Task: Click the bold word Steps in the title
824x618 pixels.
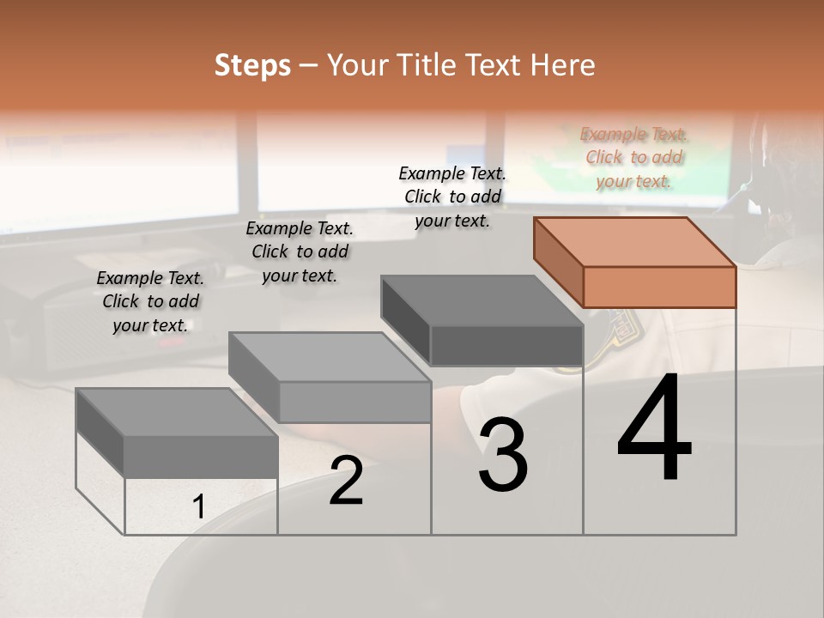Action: point(252,65)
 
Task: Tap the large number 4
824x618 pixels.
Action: point(655,428)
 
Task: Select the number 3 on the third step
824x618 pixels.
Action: point(503,456)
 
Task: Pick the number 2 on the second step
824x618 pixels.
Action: point(346,481)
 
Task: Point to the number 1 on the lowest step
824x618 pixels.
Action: point(198,507)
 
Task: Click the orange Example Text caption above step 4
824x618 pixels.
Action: point(633,157)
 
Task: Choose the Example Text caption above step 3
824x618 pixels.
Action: point(452,197)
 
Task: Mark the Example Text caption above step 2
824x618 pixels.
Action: point(300,251)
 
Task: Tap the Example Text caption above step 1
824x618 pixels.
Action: point(150,301)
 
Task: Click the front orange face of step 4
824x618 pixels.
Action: point(659,287)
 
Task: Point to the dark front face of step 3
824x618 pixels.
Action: point(506,346)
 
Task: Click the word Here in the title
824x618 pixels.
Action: point(564,65)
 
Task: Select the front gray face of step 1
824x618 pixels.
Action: point(201,457)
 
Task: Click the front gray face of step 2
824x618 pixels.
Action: point(354,402)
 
